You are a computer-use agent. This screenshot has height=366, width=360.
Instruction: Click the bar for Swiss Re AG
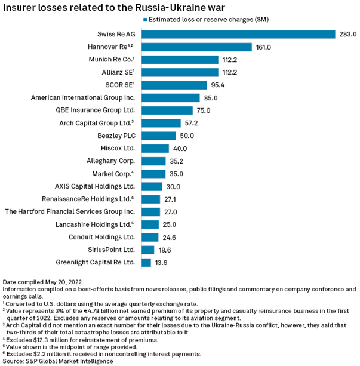click(x=239, y=34)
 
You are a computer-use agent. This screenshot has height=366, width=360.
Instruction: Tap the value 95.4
click(x=219, y=85)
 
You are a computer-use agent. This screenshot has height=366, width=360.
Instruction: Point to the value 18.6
click(x=165, y=250)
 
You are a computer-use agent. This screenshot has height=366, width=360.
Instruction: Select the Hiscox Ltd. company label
click(x=118, y=149)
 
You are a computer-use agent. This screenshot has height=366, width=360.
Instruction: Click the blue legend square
click(x=146, y=19)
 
